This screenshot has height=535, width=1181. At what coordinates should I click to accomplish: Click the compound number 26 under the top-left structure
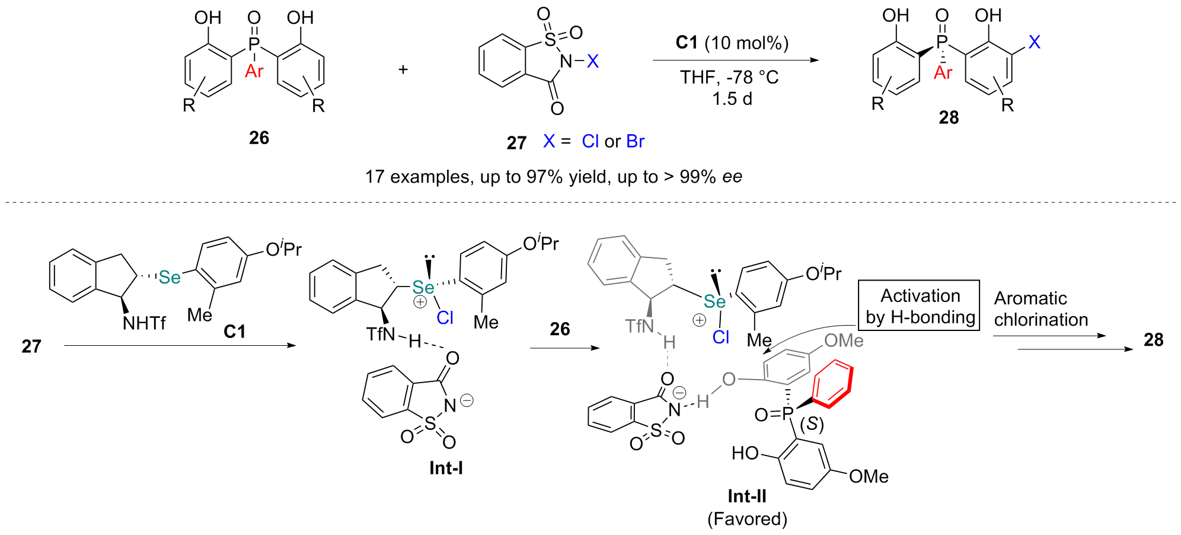click(259, 138)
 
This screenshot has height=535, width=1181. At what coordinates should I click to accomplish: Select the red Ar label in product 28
click(943, 72)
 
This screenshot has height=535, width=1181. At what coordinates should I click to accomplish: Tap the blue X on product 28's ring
click(1034, 42)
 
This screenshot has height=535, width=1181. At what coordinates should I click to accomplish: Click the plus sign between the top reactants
click(403, 69)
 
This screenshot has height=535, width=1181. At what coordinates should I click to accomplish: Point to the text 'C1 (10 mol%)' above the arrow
click(732, 43)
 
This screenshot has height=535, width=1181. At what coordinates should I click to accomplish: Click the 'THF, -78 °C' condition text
click(729, 77)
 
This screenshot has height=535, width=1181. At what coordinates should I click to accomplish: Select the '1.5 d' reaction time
click(732, 98)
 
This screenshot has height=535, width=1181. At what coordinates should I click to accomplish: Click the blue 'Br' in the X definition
click(635, 141)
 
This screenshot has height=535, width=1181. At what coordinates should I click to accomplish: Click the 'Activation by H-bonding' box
click(919, 305)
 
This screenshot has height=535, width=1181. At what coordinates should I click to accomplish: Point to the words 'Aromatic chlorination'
click(1040, 308)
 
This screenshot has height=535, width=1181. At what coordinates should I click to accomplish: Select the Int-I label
click(446, 468)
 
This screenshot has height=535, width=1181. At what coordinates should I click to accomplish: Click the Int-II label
click(746, 496)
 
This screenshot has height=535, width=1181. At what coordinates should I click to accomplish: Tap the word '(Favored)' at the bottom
click(747, 519)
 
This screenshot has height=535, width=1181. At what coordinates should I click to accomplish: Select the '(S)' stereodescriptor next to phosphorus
click(812, 423)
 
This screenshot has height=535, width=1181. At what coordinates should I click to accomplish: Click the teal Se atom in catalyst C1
click(170, 277)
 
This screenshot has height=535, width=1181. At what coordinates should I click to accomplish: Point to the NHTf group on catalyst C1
click(144, 323)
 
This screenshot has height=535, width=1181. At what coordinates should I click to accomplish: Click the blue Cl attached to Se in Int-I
click(445, 318)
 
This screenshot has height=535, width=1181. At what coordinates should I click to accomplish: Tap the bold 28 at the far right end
click(1153, 340)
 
